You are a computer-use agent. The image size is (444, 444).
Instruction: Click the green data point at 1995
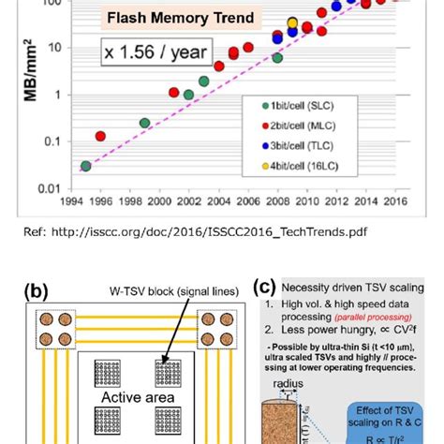pyautogui.click(x=86, y=166)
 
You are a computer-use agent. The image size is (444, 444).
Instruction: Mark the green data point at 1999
pyautogui.click(x=145, y=123)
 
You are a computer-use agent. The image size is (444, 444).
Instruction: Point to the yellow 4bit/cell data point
pyautogui.click(x=292, y=22)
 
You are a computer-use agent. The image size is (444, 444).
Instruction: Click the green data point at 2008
pyautogui.click(x=277, y=58)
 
